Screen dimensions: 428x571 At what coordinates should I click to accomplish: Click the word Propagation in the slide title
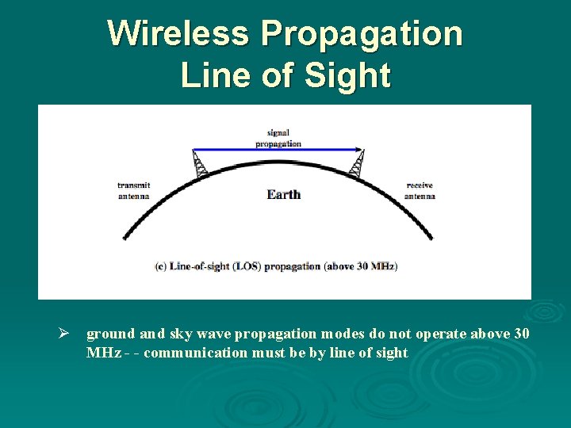pos(361,33)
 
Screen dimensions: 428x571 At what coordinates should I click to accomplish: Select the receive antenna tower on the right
pos(358,164)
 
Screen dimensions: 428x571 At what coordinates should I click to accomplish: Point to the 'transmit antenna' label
pos(133,190)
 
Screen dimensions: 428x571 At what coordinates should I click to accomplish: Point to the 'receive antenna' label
pos(420,190)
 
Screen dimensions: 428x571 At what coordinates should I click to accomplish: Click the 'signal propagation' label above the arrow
pos(278,139)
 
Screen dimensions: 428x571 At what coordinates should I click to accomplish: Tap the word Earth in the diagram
pos(283,194)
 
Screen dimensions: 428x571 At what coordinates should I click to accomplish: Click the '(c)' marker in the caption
pos(160,266)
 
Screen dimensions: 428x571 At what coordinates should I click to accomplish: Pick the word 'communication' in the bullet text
pos(196,353)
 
